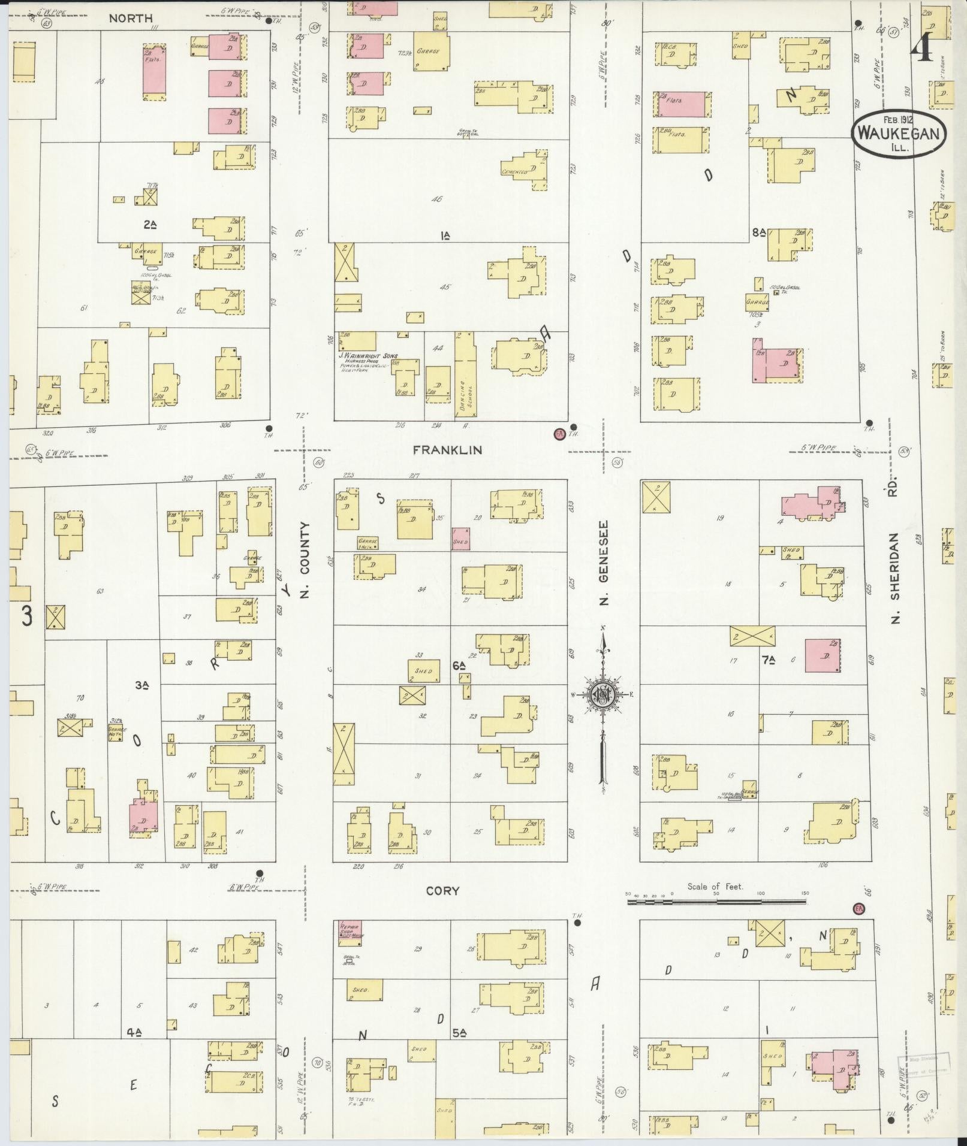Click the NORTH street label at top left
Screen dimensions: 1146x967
coord(131,19)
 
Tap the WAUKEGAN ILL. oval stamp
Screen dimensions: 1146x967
coord(897,134)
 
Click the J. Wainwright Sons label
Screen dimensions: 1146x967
coord(367,356)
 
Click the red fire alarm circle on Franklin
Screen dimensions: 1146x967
coord(559,434)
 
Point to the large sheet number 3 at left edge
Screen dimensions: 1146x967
coord(27,616)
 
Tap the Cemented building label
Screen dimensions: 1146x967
coord(514,172)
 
